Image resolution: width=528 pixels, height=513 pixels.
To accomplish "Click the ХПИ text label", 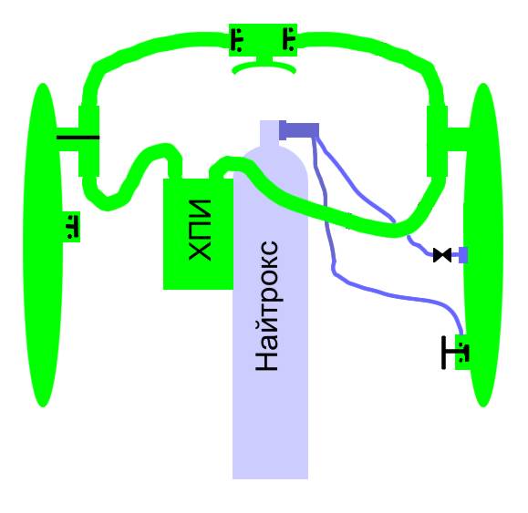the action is tap(200, 231).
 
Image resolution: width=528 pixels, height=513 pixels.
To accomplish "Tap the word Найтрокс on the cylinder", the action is tap(266, 306).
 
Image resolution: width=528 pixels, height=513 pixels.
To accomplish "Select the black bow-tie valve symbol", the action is tap(442, 255).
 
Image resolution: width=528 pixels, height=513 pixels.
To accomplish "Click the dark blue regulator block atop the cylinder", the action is tap(299, 130).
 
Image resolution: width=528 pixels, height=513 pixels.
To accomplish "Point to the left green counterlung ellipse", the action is tap(43, 245).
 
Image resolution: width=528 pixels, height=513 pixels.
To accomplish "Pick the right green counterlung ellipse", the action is tap(483, 245).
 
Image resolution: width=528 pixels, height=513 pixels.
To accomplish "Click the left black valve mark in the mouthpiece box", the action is tap(237, 40).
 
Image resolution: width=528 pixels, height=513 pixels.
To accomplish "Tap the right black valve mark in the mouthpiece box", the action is tap(289, 39).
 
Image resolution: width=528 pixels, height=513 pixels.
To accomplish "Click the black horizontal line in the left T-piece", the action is tap(78, 138).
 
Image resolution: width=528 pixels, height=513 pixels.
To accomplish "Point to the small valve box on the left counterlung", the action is tap(71, 227).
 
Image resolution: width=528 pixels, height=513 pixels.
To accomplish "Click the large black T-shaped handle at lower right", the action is tap(450, 353).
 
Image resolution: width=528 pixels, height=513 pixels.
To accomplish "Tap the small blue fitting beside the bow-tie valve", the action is tap(463, 255).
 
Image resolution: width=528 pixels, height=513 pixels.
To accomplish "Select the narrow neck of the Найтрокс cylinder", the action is tap(269, 134).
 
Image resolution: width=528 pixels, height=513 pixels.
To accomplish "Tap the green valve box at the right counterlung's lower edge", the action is tap(462, 353).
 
